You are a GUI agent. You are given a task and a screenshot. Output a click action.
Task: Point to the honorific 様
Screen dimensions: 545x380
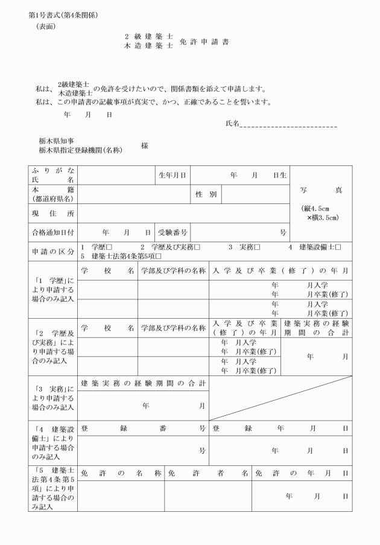[x=145, y=145]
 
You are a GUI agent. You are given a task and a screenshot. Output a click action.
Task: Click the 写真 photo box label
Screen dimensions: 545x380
[x=321, y=190]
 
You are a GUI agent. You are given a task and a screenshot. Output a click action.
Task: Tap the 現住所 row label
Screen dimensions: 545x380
[x=53, y=213]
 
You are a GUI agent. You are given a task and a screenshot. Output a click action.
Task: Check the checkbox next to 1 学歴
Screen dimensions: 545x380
[x=109, y=247]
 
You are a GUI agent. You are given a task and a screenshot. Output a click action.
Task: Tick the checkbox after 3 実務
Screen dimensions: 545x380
[x=257, y=247]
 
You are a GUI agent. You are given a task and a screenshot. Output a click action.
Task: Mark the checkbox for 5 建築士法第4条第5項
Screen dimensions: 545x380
[x=159, y=256]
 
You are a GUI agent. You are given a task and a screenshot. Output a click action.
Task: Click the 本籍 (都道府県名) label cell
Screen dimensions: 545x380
[x=53, y=194]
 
